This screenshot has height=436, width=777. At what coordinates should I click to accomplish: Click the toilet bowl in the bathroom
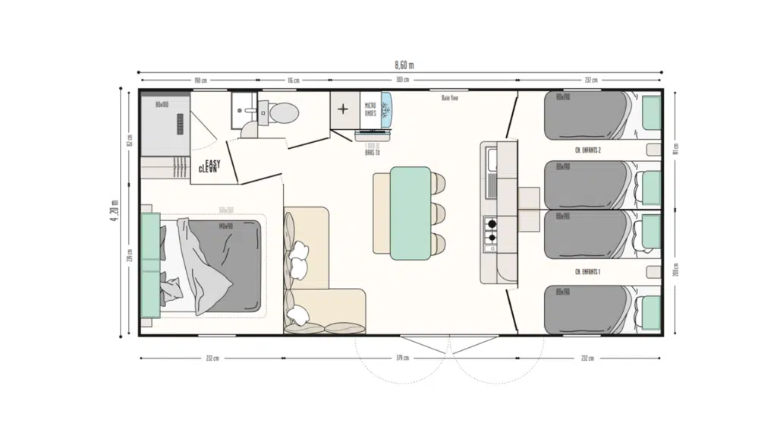click(x=283, y=113)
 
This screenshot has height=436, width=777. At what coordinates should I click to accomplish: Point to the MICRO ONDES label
click(x=370, y=109)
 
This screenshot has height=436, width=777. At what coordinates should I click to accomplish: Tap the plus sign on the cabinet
click(x=343, y=109)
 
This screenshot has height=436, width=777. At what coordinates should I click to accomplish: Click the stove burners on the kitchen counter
click(x=491, y=230)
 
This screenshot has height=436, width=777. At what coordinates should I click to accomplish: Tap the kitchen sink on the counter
click(x=491, y=160)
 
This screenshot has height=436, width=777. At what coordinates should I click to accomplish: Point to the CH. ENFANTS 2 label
click(x=588, y=150)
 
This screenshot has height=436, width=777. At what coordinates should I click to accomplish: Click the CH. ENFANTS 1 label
click(x=588, y=271)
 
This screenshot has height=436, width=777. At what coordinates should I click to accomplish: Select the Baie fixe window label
click(x=449, y=97)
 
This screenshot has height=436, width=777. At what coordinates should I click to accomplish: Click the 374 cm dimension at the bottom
click(x=401, y=358)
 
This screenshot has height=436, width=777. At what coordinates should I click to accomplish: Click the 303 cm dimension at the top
click(x=402, y=80)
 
